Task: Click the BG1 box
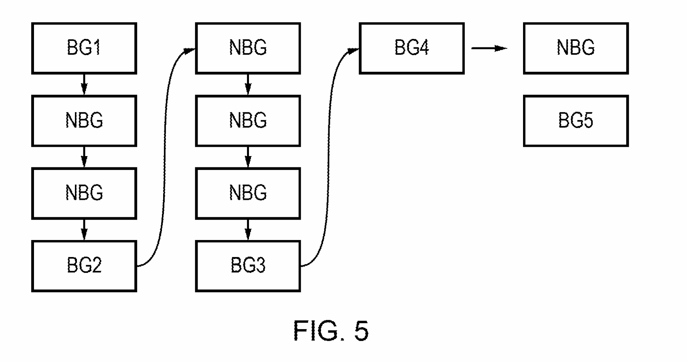[84, 48]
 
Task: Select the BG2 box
[84, 266]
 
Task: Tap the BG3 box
[248, 266]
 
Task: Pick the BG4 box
[411, 48]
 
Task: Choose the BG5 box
[575, 121]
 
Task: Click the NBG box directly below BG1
[84, 121]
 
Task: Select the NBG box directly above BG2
[84, 193]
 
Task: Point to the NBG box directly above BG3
[248, 193]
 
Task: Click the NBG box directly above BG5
[575, 48]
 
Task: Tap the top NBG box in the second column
[248, 48]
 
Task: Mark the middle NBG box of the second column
[248, 121]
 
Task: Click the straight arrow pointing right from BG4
[489, 49]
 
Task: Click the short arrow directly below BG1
[84, 84]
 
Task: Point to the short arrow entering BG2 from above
[84, 229]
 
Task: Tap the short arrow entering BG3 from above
[248, 229]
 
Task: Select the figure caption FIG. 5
[331, 330]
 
